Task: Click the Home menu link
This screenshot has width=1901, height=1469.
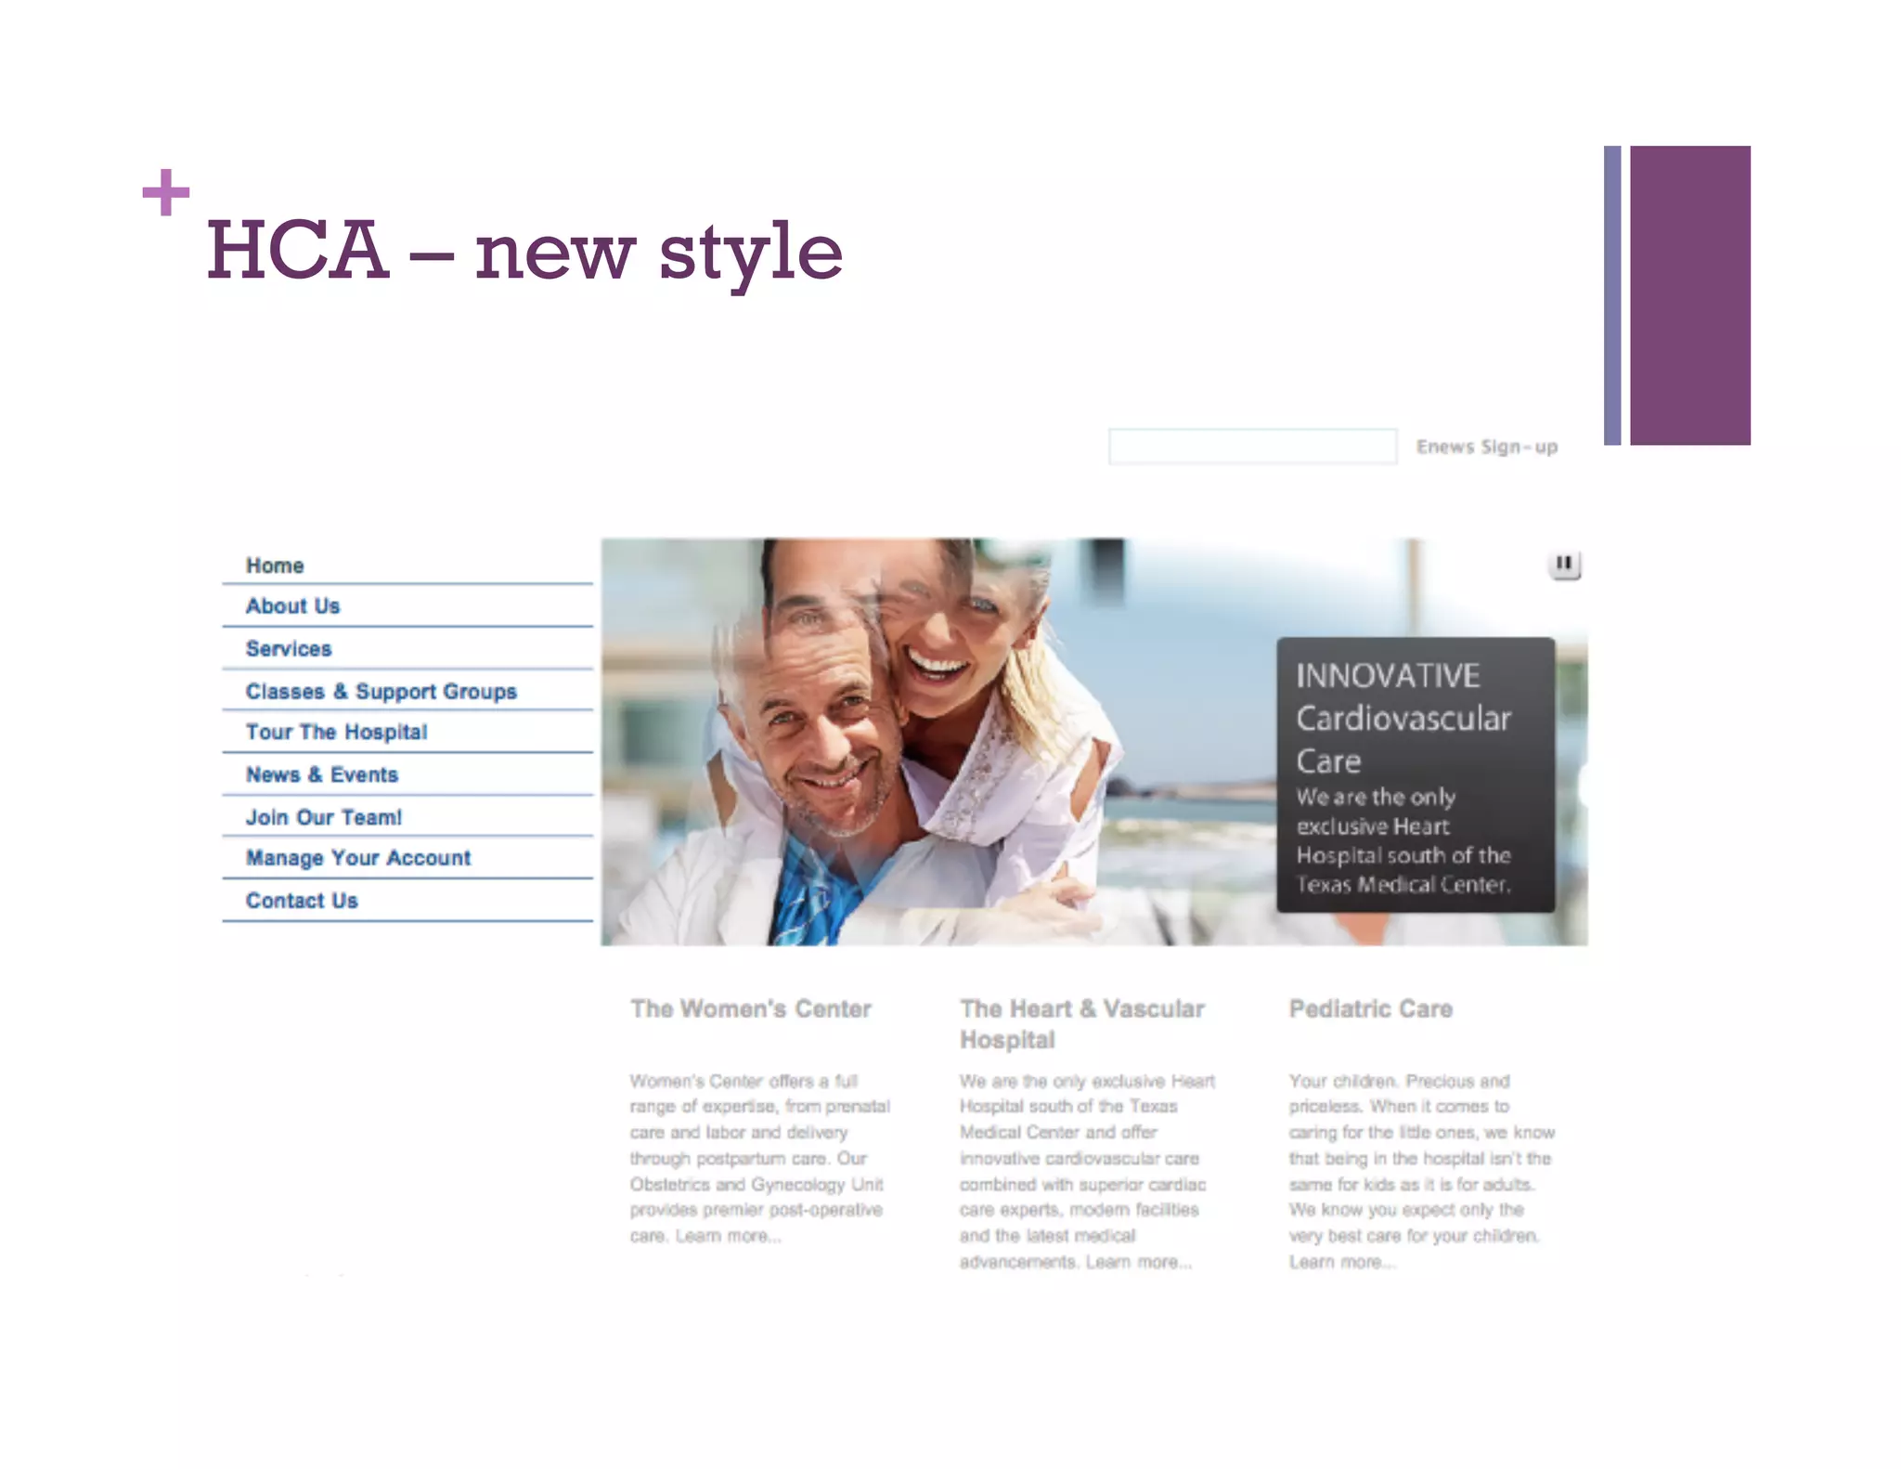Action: (x=275, y=565)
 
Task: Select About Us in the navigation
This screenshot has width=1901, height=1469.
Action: (x=292, y=606)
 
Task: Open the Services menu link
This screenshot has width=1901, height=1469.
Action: (x=289, y=649)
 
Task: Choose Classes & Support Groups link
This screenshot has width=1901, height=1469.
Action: (x=381, y=692)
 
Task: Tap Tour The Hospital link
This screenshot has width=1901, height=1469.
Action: (x=336, y=733)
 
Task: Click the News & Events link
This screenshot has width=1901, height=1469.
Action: (x=321, y=775)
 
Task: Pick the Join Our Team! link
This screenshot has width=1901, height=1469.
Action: (x=323, y=818)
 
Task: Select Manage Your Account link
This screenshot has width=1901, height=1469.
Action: (x=357, y=859)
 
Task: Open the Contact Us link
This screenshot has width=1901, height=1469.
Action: (x=302, y=901)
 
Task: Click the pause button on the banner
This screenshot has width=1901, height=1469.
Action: (x=1564, y=564)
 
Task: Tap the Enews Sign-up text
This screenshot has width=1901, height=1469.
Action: (x=1486, y=448)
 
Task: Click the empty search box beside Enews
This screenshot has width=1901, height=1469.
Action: (x=1252, y=447)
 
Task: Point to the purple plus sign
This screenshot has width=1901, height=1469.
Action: (x=166, y=192)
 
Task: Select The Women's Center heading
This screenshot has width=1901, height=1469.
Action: (x=750, y=1009)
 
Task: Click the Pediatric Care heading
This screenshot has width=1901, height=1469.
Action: (x=1370, y=1009)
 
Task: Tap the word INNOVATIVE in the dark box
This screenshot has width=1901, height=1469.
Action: (x=1387, y=676)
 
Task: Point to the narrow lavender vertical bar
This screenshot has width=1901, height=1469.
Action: (x=1612, y=295)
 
